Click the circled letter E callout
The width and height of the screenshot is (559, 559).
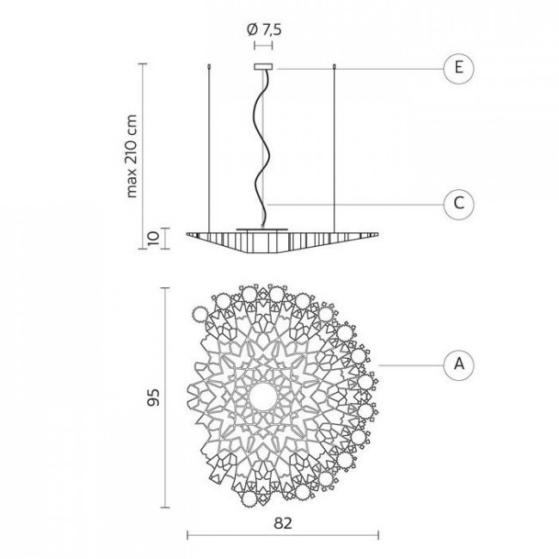pos(459,68)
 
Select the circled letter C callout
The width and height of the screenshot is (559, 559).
pos(459,204)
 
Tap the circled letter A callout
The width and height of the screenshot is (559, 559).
pos(459,365)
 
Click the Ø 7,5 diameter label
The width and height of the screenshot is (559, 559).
pos(264,30)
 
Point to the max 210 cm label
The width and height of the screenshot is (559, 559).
pos(132,157)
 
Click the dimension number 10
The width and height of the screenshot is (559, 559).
pos(152,238)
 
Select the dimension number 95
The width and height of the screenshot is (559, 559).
pos(153,397)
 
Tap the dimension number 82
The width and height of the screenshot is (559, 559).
pos(283,524)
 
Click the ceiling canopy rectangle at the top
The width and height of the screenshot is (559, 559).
pos(263,67)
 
